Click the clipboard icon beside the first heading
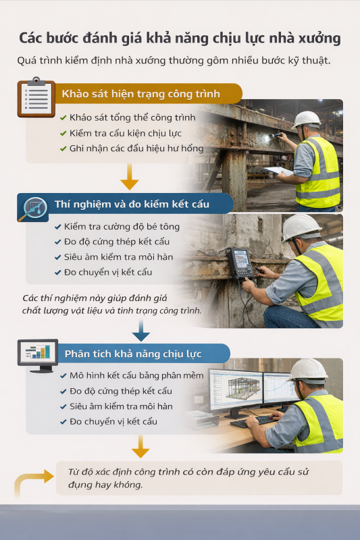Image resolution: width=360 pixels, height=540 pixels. pos(36,97)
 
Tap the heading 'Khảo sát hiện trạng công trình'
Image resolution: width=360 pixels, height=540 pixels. pos(141,94)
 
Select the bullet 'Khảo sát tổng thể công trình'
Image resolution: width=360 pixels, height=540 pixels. pos(132,117)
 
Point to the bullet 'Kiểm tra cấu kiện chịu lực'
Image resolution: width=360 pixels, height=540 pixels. pos(126,133)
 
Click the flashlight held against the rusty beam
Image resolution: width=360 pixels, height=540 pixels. pos(276,136)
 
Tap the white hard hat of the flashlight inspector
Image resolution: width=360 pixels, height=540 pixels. pos(306,119)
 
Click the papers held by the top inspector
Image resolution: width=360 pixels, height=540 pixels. pos(278,171)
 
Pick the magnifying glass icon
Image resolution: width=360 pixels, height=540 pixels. pos(33,209)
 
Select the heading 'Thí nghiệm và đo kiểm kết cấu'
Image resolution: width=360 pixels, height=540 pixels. pos(132,205)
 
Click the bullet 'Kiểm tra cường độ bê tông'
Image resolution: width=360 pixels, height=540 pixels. pos(122,227)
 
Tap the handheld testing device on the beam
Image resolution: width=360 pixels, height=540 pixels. pos(240,263)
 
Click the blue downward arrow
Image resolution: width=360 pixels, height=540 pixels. pos(141,330)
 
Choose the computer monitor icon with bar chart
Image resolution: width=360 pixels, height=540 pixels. pos(38,356)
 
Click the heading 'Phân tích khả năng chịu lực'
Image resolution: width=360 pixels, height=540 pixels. pos(133,354)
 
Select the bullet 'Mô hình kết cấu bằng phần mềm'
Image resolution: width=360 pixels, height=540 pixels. pos(136,375)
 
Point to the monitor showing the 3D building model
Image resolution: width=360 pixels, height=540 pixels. pos(236,391)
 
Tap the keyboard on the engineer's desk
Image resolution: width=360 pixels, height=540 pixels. pos(253,421)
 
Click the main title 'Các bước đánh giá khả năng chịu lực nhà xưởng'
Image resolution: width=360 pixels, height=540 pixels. pos(180,38)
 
